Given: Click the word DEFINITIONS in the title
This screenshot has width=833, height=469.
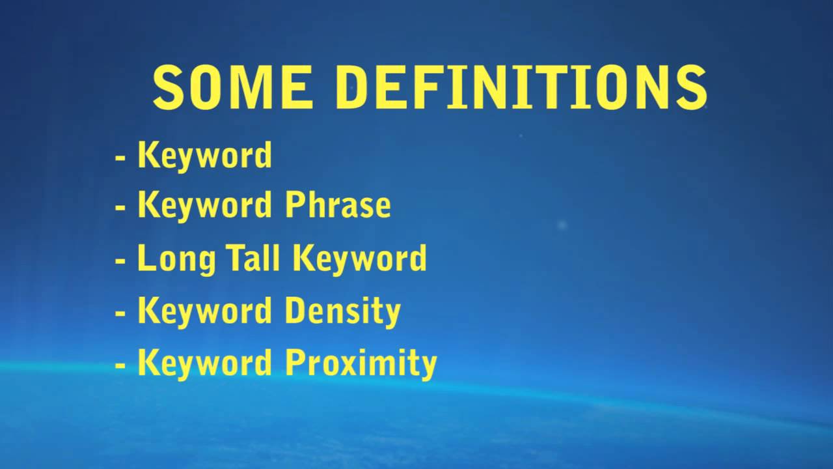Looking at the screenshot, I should pyautogui.click(x=521, y=88).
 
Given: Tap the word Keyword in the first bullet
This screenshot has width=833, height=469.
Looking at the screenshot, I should pyautogui.click(x=204, y=156).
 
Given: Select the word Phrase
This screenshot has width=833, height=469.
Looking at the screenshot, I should pyautogui.click(x=338, y=206).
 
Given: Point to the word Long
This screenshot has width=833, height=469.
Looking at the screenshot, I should pyautogui.click(x=176, y=259).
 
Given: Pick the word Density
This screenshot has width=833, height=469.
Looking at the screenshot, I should pyautogui.click(x=342, y=311).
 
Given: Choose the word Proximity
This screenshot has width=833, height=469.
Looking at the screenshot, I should pyautogui.click(x=361, y=363).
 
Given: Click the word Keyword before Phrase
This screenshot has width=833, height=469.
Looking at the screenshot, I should pyautogui.click(x=204, y=206).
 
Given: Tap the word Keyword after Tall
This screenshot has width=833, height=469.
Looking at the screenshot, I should pyautogui.click(x=360, y=258).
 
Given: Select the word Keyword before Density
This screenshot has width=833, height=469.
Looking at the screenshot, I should pyautogui.click(x=204, y=311).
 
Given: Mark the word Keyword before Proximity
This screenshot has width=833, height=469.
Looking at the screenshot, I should pyautogui.click(x=204, y=363).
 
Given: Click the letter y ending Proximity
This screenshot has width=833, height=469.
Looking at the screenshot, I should pyautogui.click(x=427, y=366).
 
